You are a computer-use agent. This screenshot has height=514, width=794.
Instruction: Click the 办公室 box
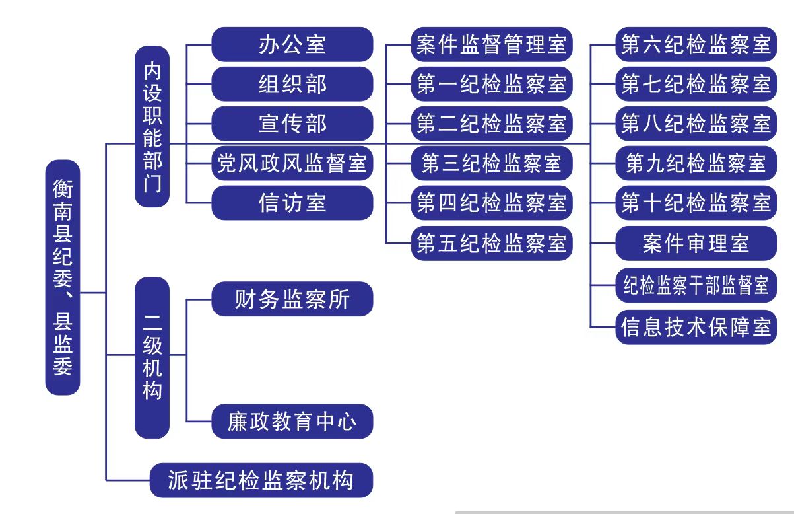click(292, 44)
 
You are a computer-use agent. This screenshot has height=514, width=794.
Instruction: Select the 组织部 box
click(292, 84)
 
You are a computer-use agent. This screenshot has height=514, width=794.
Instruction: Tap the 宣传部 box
click(292, 124)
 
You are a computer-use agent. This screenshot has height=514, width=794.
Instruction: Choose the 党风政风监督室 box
click(292, 163)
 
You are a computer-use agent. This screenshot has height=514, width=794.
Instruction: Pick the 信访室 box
click(292, 203)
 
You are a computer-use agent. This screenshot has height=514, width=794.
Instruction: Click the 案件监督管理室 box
click(492, 44)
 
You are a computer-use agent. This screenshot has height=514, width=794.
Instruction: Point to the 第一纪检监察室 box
click(492, 84)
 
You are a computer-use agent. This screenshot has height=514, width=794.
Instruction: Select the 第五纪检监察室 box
click(492, 243)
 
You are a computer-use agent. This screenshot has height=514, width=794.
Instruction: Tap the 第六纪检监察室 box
click(696, 44)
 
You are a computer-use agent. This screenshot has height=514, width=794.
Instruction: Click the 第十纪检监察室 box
click(696, 203)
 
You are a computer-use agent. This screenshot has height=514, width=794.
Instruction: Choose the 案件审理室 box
click(696, 243)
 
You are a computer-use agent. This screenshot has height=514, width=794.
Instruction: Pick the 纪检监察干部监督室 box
click(696, 285)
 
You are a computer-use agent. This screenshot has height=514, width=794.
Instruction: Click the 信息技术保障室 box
click(696, 327)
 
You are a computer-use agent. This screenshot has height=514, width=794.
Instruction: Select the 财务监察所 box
click(292, 299)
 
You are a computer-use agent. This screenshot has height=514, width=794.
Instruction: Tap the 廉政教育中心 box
click(292, 422)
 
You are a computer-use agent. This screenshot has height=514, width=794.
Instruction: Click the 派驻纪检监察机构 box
click(261, 480)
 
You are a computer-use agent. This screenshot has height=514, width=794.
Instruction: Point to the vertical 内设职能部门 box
click(152, 127)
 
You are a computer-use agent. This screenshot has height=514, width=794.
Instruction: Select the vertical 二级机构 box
click(152, 358)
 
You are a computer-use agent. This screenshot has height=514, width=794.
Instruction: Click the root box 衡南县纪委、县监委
click(63, 277)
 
